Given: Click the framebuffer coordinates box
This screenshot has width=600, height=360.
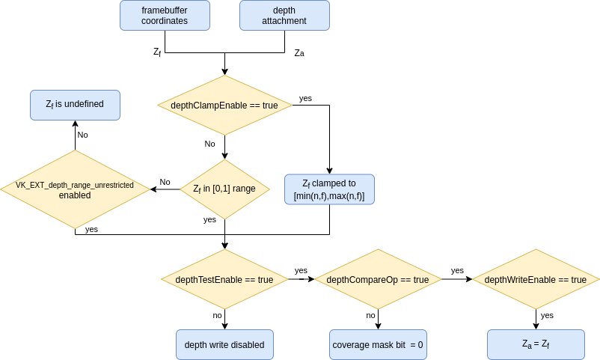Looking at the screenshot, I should [165, 16].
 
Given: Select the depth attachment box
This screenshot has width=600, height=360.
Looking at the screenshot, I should [284, 16].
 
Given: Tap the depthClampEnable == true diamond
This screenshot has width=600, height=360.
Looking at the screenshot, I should [224, 106].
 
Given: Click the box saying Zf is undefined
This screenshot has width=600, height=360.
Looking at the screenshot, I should [75, 105].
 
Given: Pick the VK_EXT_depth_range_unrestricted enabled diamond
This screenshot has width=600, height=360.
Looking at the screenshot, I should [75, 189].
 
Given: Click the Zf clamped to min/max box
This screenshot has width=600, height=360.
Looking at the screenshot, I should [329, 189].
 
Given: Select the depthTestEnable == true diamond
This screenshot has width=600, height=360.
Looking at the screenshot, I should [224, 279].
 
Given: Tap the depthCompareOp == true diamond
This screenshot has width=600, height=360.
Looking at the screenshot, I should [378, 279].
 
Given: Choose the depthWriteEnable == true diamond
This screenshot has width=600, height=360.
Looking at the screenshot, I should [536, 279].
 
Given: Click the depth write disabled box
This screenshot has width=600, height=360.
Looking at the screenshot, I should [224, 345].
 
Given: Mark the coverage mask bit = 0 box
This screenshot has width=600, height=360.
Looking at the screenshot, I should [378, 345].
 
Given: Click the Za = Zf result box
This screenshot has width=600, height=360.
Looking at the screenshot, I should [536, 345].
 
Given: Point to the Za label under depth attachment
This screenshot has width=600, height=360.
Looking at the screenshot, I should [299, 53].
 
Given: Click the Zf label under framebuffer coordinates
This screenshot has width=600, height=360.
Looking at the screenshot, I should [157, 52].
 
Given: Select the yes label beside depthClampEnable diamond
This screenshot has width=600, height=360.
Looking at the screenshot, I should [305, 98].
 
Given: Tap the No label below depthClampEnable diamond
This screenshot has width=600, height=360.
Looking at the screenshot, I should [209, 144].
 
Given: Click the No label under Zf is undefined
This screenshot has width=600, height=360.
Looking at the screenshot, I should [82, 135].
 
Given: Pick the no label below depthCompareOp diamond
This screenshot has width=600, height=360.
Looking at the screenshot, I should [370, 315].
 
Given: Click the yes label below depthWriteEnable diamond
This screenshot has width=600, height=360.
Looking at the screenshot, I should [547, 315].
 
